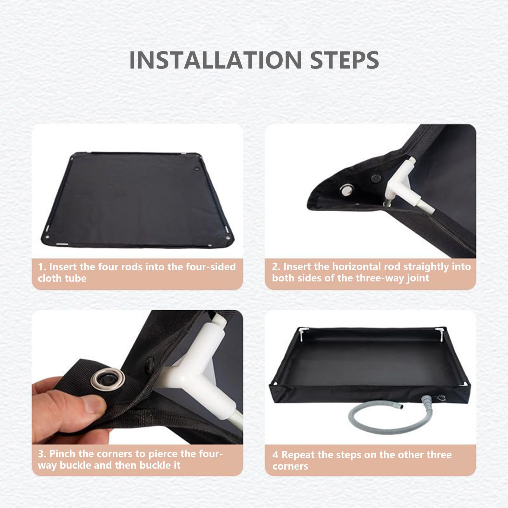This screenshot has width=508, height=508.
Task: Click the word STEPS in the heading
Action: [345, 60]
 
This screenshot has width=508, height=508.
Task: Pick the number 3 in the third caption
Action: [41, 454]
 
